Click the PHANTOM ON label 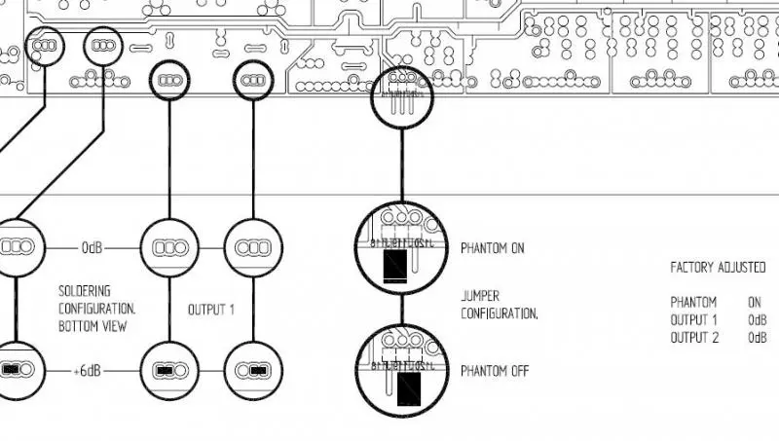pos(492,248)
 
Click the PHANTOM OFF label pos(494,371)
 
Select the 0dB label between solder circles pos(92,248)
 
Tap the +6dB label pos(90,372)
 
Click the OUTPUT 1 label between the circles pos(211,310)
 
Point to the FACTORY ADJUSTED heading pos(719,266)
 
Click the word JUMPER pos(480,294)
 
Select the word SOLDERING pos(85,290)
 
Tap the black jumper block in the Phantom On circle pos(396,264)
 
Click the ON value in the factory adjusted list pos(755,302)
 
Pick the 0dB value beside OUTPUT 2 pos(757,337)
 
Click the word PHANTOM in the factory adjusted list pos(693,302)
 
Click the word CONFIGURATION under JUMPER pos(500,314)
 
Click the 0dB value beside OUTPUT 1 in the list pos(757,319)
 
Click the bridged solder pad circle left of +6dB pos(18,371)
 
